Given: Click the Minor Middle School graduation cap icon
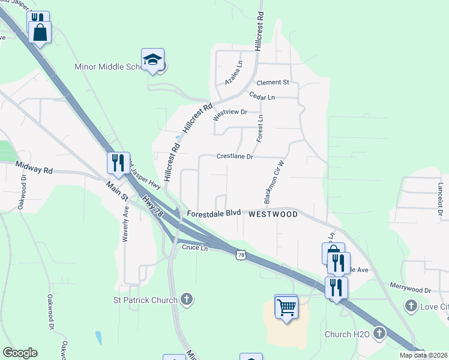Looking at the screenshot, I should pyautogui.click(x=152, y=59).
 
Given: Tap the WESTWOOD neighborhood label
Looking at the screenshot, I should pyautogui.click(x=273, y=214).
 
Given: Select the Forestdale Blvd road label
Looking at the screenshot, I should pyautogui.click(x=213, y=214).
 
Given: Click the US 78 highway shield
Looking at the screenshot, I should pyautogui.click(x=241, y=255).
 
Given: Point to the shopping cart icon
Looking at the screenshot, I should pyautogui.click(x=286, y=307).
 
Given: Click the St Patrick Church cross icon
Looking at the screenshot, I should pyautogui.click(x=187, y=299).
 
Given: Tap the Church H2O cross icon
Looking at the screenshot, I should pyautogui.click(x=379, y=333).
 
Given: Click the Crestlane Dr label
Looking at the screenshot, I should pyautogui.click(x=235, y=157).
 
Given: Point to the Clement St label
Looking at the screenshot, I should pyautogui.click(x=273, y=82).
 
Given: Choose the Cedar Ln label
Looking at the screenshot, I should pyautogui.click(x=262, y=97).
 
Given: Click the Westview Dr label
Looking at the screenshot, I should pyautogui.click(x=231, y=112).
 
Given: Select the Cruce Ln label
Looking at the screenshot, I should pyautogui.click(x=194, y=247).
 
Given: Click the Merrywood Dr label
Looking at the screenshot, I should pyautogui.click(x=411, y=290).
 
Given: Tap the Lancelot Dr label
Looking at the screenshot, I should pyautogui.click(x=440, y=195).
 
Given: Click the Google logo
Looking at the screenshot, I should pyautogui.click(x=20, y=353).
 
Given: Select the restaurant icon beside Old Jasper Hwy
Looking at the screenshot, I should pyautogui.click(x=117, y=162).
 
